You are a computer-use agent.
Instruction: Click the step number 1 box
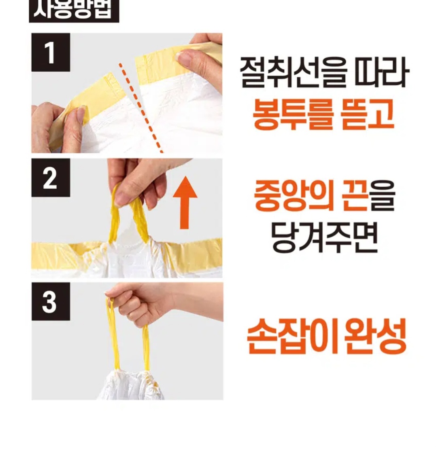pyautogui.click(x=51, y=52)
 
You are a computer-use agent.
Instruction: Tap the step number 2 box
pyautogui.click(x=51, y=178)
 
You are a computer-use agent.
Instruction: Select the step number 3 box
pyautogui.click(x=51, y=301)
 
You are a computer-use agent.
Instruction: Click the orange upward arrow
pyautogui.click(x=185, y=203)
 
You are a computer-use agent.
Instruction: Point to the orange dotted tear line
pyautogui.click(x=140, y=108)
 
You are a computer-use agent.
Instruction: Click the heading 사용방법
pyautogui.click(x=74, y=11)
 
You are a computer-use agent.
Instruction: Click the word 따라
pyautogui.click(x=382, y=72)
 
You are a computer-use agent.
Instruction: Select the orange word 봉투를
pyautogui.click(x=293, y=114)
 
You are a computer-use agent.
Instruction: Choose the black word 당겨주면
pyautogui.click(x=324, y=237)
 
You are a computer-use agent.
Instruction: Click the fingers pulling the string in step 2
pyautogui.click(x=138, y=184)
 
